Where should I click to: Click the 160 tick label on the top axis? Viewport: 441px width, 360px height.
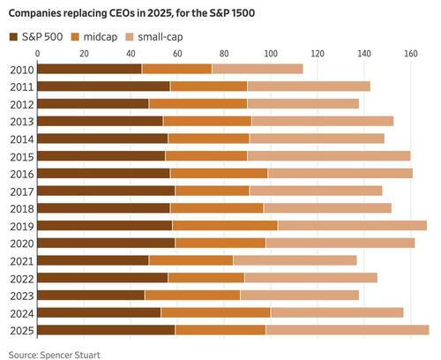[x=409, y=52]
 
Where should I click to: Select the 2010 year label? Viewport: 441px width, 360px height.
[x=21, y=69]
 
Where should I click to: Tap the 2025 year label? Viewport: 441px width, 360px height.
[x=21, y=330]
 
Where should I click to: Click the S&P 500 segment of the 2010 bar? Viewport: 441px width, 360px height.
[x=90, y=69]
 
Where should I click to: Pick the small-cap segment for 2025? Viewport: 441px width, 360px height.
[x=347, y=330]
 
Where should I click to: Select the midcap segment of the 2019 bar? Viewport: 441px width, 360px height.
[x=225, y=226]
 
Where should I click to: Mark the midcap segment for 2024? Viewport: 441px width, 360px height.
[x=215, y=312]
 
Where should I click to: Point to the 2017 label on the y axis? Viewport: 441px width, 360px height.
[x=21, y=191]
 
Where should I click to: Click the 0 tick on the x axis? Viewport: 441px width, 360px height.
[x=41, y=52]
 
